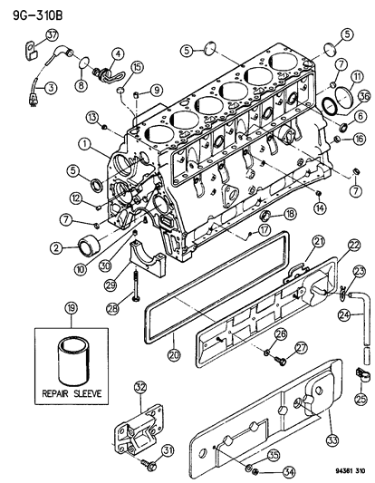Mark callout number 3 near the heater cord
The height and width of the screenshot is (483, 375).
pos(51,87)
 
